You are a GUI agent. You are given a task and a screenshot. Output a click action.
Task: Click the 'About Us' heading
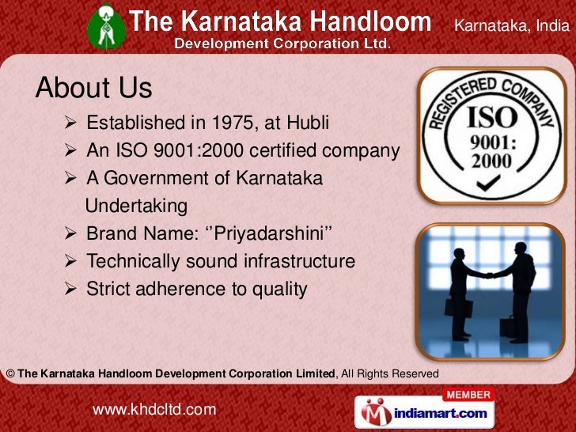[x=93, y=88]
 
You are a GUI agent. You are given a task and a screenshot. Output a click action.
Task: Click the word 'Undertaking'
[x=136, y=206]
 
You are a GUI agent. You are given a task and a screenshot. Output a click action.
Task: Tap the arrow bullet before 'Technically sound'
[x=70, y=261]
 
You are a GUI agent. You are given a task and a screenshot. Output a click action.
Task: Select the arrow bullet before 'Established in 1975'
[x=70, y=123]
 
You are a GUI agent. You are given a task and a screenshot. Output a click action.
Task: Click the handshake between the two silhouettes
[x=488, y=275]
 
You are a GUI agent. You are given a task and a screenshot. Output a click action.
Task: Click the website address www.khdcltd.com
[x=154, y=409]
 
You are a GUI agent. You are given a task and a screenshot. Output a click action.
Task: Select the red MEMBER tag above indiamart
[x=469, y=394]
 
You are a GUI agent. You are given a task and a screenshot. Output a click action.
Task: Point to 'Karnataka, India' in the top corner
[x=511, y=27]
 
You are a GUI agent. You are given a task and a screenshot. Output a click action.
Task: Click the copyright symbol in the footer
[x=9, y=373]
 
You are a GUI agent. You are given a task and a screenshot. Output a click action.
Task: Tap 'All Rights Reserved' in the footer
[x=389, y=373]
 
